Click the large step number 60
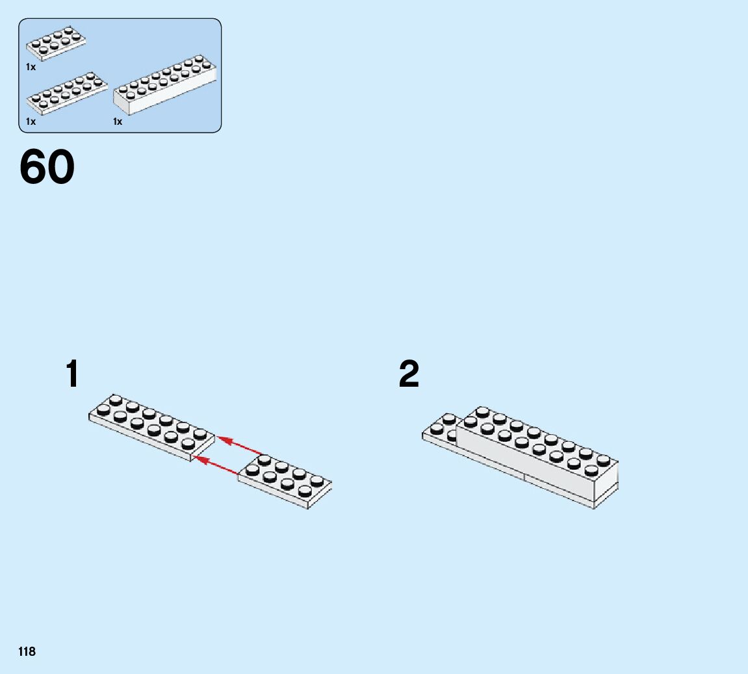click(47, 167)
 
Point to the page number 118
click(27, 651)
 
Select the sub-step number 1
click(73, 374)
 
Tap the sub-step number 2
click(409, 374)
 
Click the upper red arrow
click(240, 446)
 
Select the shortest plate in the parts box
click(56, 43)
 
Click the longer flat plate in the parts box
click(66, 92)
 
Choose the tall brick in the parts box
click(165, 86)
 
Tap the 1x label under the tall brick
click(118, 122)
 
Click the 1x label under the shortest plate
click(31, 67)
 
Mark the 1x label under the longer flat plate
click(31, 122)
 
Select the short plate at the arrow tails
click(285, 482)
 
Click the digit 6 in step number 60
click(34, 167)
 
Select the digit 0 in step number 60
click(61, 167)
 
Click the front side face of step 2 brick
click(520, 461)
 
